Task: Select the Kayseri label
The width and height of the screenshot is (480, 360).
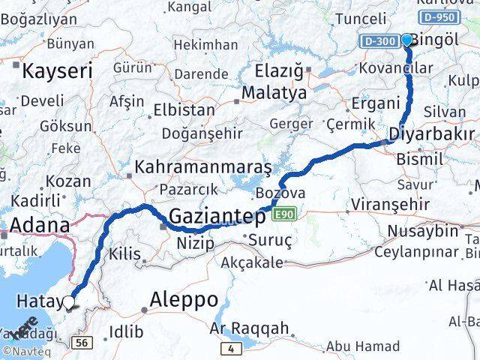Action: point(58,72)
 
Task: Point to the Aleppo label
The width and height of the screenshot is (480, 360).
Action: point(184,300)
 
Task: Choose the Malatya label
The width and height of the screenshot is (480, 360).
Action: point(269,94)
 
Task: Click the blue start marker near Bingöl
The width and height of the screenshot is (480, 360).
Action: point(407,40)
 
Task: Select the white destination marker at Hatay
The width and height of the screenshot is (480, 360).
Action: point(69,302)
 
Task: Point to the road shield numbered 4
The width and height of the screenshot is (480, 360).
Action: point(232,349)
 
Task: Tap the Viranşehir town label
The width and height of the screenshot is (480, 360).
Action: point(392,204)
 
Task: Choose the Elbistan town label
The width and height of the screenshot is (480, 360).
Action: point(183,109)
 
